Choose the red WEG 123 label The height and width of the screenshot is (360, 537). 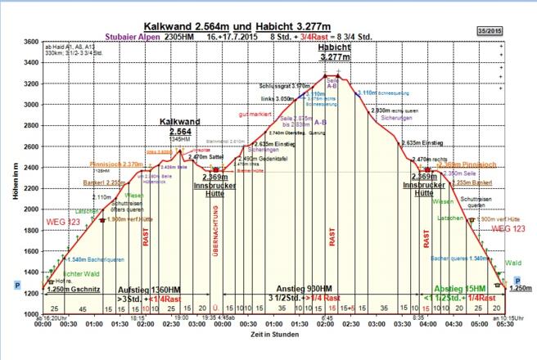[503, 229]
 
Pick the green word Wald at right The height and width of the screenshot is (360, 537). [514, 263]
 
